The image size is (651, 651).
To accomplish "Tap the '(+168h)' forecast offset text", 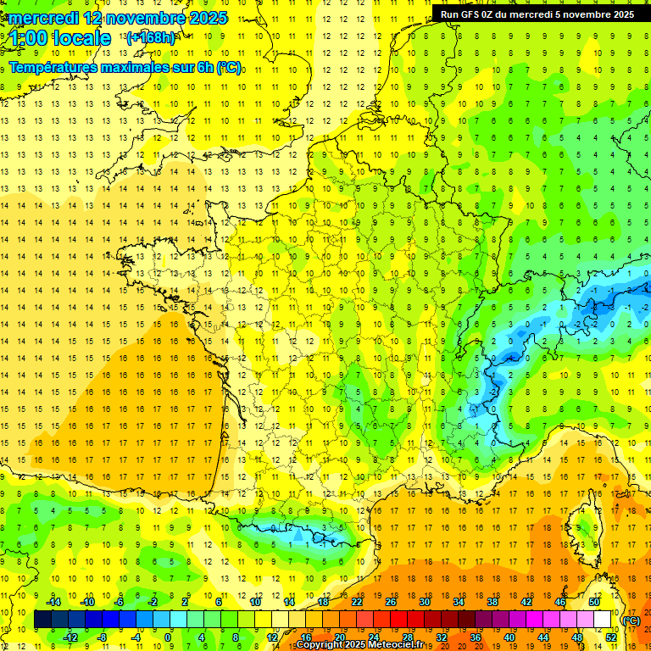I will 151,37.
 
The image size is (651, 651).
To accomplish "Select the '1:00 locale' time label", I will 60,38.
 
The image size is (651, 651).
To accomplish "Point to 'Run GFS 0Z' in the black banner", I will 470,14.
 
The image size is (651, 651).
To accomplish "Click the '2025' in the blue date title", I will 201,17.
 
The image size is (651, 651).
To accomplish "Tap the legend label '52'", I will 611,637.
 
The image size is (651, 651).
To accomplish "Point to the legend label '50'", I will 594,602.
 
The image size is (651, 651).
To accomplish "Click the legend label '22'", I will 357,602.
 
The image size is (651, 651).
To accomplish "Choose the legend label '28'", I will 408,637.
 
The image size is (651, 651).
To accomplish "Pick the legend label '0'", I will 168,637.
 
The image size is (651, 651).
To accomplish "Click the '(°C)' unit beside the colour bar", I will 631,620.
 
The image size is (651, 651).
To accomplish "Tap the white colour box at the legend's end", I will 603,620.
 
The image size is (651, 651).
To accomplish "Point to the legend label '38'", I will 492,602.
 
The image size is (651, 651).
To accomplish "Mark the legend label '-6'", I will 120,602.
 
